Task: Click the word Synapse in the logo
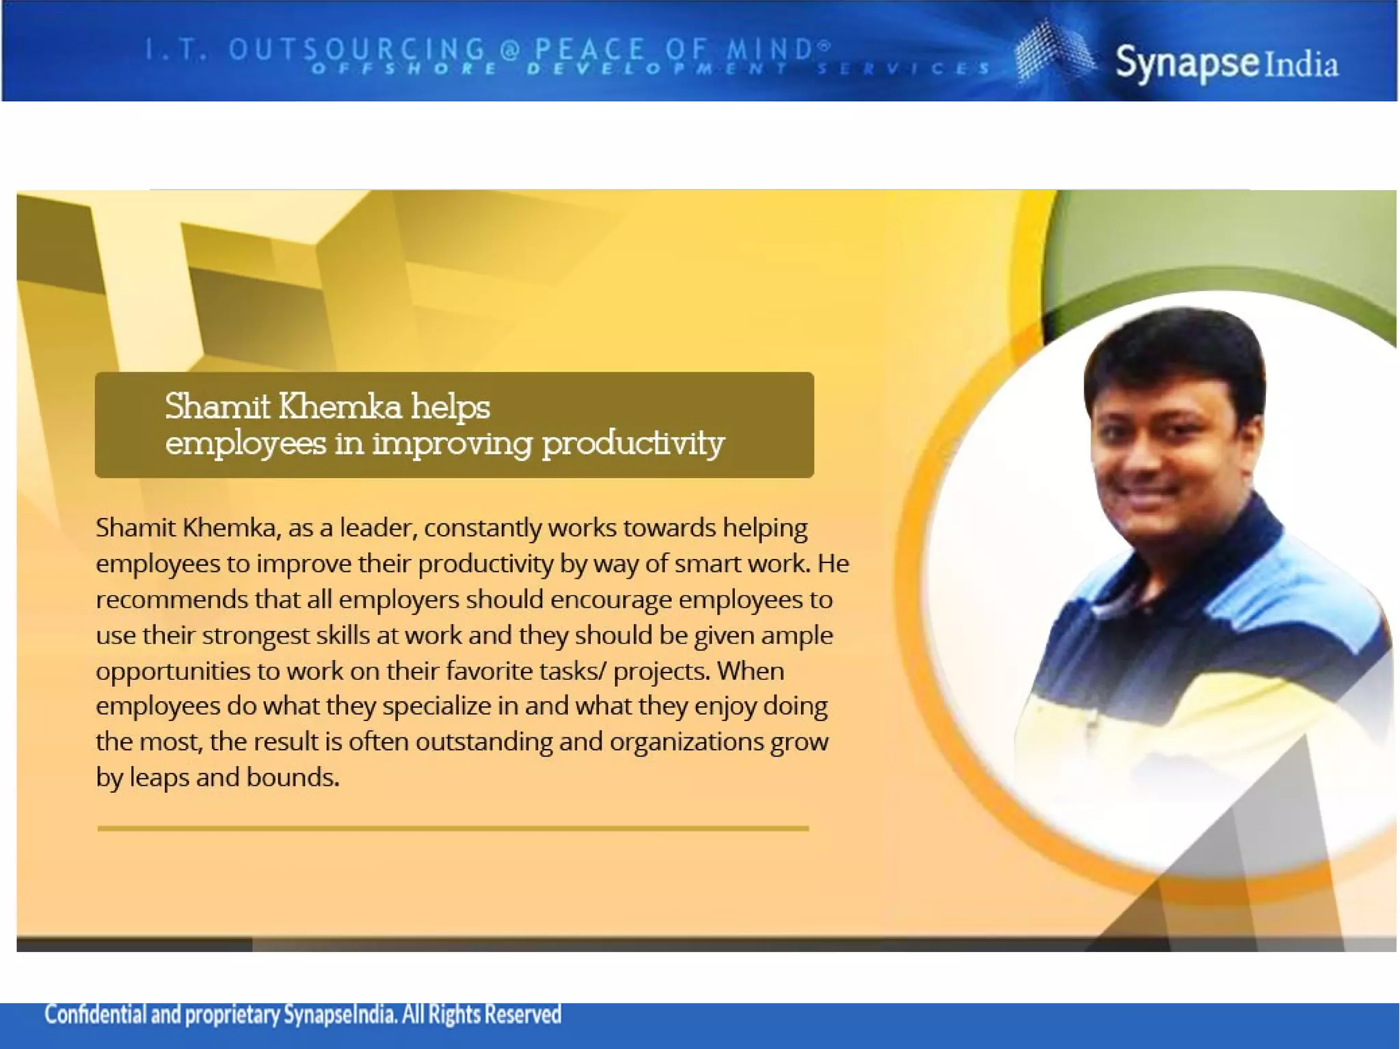pos(1187,63)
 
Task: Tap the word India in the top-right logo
pos(1301,65)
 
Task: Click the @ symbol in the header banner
pos(510,49)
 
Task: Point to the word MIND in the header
pos(768,49)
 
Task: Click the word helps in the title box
pos(450,407)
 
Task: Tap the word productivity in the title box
pos(632,444)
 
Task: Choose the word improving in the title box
pos(452,444)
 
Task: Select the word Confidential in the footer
pos(95,1015)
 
